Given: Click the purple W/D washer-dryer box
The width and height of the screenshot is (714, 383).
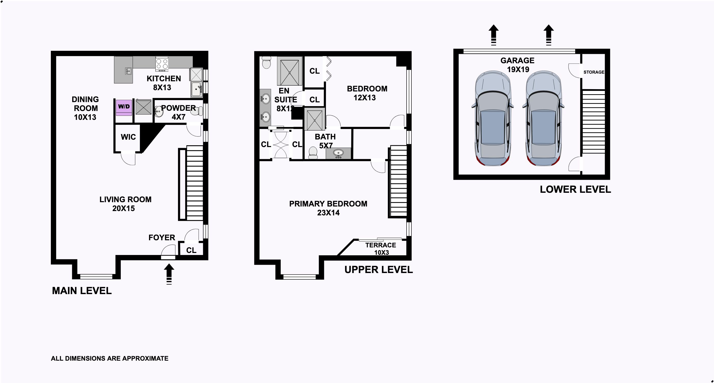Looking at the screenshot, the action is coord(124,107).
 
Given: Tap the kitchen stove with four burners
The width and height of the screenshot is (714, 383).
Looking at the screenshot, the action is coord(162,64).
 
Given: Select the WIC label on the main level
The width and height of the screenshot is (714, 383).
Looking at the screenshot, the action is coord(128,137).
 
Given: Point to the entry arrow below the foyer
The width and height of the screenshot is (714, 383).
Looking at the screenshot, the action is coord(169,274).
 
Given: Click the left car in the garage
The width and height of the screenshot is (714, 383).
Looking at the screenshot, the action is coord(493,118).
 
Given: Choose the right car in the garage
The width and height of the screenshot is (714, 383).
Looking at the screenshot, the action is coord(543,118).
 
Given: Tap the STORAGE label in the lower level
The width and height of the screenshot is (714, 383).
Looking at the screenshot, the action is coord(594,72).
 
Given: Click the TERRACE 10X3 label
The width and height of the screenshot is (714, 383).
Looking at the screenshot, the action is coord(381,249).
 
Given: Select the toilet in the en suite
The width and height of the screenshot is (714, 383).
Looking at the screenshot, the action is coord(266,62).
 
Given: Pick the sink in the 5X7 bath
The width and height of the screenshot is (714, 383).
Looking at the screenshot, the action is coord(338,153).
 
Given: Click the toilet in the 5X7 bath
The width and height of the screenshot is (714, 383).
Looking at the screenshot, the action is coord(313,153).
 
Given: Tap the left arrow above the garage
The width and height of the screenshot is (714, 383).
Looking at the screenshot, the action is coord(493,35).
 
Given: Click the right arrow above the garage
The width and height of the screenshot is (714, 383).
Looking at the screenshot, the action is coord(548,35).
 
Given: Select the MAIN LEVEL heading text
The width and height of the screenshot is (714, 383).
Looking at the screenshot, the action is coord(82,291).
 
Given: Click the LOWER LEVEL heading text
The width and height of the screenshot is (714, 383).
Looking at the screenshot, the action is coord(575,189).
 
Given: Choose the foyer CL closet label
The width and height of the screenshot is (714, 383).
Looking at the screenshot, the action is coord(191,250).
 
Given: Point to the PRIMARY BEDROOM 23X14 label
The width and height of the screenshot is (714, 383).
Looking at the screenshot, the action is coord(328,208).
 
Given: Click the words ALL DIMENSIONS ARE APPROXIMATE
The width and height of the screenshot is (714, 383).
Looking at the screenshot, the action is coord(110,358).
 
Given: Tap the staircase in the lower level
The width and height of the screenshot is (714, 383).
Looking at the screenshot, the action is coord(593,122).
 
